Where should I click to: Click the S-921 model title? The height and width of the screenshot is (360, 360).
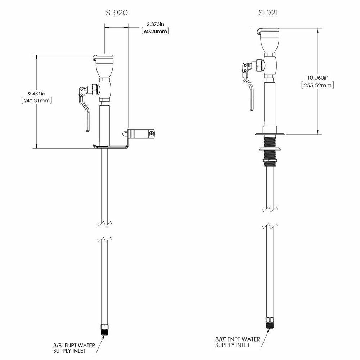269,13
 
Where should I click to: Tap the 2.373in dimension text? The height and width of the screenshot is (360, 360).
155,24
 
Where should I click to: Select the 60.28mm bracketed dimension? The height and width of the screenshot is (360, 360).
156,31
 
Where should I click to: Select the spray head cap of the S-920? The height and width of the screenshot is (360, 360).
104,58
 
